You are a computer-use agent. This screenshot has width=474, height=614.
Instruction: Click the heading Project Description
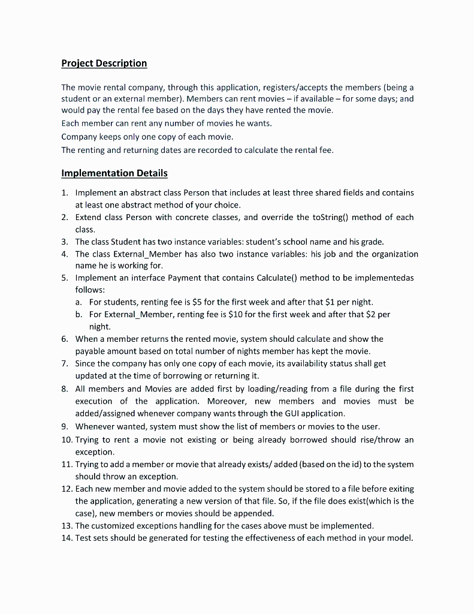point(104,64)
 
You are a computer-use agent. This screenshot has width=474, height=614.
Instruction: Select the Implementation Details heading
point(114,173)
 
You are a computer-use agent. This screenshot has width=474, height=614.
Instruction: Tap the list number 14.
point(67,538)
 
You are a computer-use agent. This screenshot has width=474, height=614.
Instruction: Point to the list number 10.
point(67,440)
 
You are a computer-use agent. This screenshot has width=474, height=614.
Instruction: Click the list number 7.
point(64,363)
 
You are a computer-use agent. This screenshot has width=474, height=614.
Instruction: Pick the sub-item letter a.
point(79,302)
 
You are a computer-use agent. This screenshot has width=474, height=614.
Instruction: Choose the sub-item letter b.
point(79,314)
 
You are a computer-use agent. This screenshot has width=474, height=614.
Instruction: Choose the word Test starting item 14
point(84,538)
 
